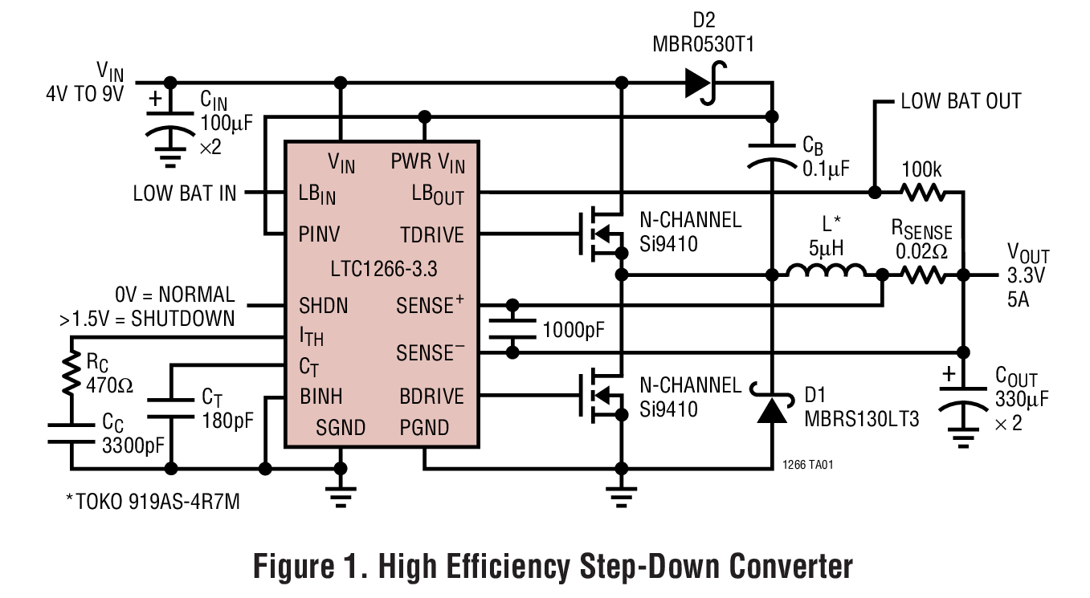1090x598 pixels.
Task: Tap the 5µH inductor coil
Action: click(x=827, y=273)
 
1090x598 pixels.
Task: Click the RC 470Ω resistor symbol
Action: click(x=71, y=376)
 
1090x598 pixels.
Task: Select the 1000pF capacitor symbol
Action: click(x=512, y=329)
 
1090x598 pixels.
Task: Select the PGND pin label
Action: click(x=424, y=428)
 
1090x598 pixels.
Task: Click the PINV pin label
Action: click(x=320, y=235)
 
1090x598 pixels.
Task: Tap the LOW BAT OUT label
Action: click(x=961, y=101)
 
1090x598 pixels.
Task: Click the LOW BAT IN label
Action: click(x=185, y=193)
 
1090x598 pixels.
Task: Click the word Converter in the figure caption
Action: click(x=790, y=567)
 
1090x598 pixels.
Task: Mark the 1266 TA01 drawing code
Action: click(x=811, y=465)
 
